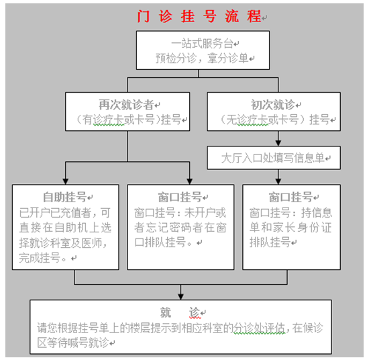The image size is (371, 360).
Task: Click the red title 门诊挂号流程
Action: (199, 17)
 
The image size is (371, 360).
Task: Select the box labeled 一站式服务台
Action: (203, 50)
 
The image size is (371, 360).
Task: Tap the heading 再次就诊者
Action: (126, 105)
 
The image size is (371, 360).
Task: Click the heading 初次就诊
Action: (272, 105)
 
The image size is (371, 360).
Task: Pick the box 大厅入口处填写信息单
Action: (274, 158)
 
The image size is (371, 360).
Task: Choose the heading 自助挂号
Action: (64, 197)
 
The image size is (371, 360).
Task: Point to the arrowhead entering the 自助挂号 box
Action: (66, 181)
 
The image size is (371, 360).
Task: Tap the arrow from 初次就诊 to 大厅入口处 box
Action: (278, 138)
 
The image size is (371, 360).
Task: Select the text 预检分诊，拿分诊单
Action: (202, 58)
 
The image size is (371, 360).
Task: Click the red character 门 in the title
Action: (144, 17)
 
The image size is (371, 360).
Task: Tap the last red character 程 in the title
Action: (254, 17)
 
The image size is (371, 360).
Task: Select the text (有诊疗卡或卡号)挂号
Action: (129, 120)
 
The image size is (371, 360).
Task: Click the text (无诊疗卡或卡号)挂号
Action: (274, 120)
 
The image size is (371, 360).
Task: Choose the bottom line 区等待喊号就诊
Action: (73, 343)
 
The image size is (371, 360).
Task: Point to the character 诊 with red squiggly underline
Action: (195, 312)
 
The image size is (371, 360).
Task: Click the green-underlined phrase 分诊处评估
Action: (259, 328)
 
